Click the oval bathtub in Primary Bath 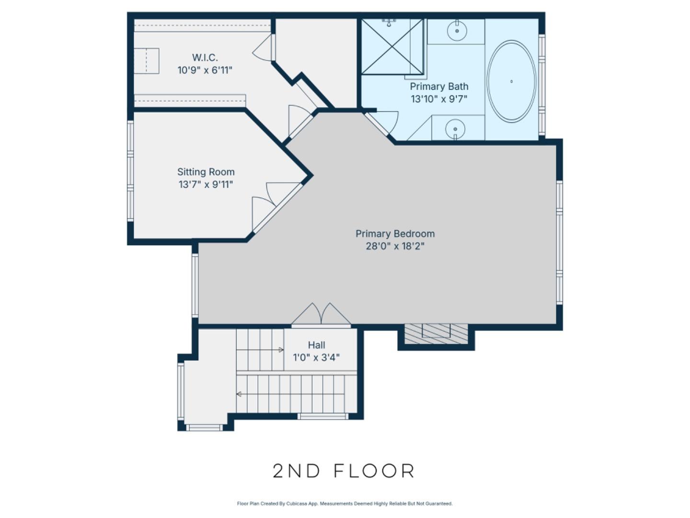tap(511, 81)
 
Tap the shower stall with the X tap(392, 47)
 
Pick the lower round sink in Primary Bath tap(455, 129)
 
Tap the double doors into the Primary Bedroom tap(321, 315)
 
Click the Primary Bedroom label tap(395, 234)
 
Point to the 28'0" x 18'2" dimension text tap(395, 247)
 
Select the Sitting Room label tap(206, 172)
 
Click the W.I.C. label tap(205, 58)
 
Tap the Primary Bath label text tap(439, 86)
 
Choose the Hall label tap(316, 345)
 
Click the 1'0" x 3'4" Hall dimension tap(316, 357)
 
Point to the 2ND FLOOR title tap(344, 471)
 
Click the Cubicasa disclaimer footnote tap(345, 504)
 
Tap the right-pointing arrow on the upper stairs tap(280, 350)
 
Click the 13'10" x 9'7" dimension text tap(439, 99)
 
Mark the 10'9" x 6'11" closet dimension tap(205, 71)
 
